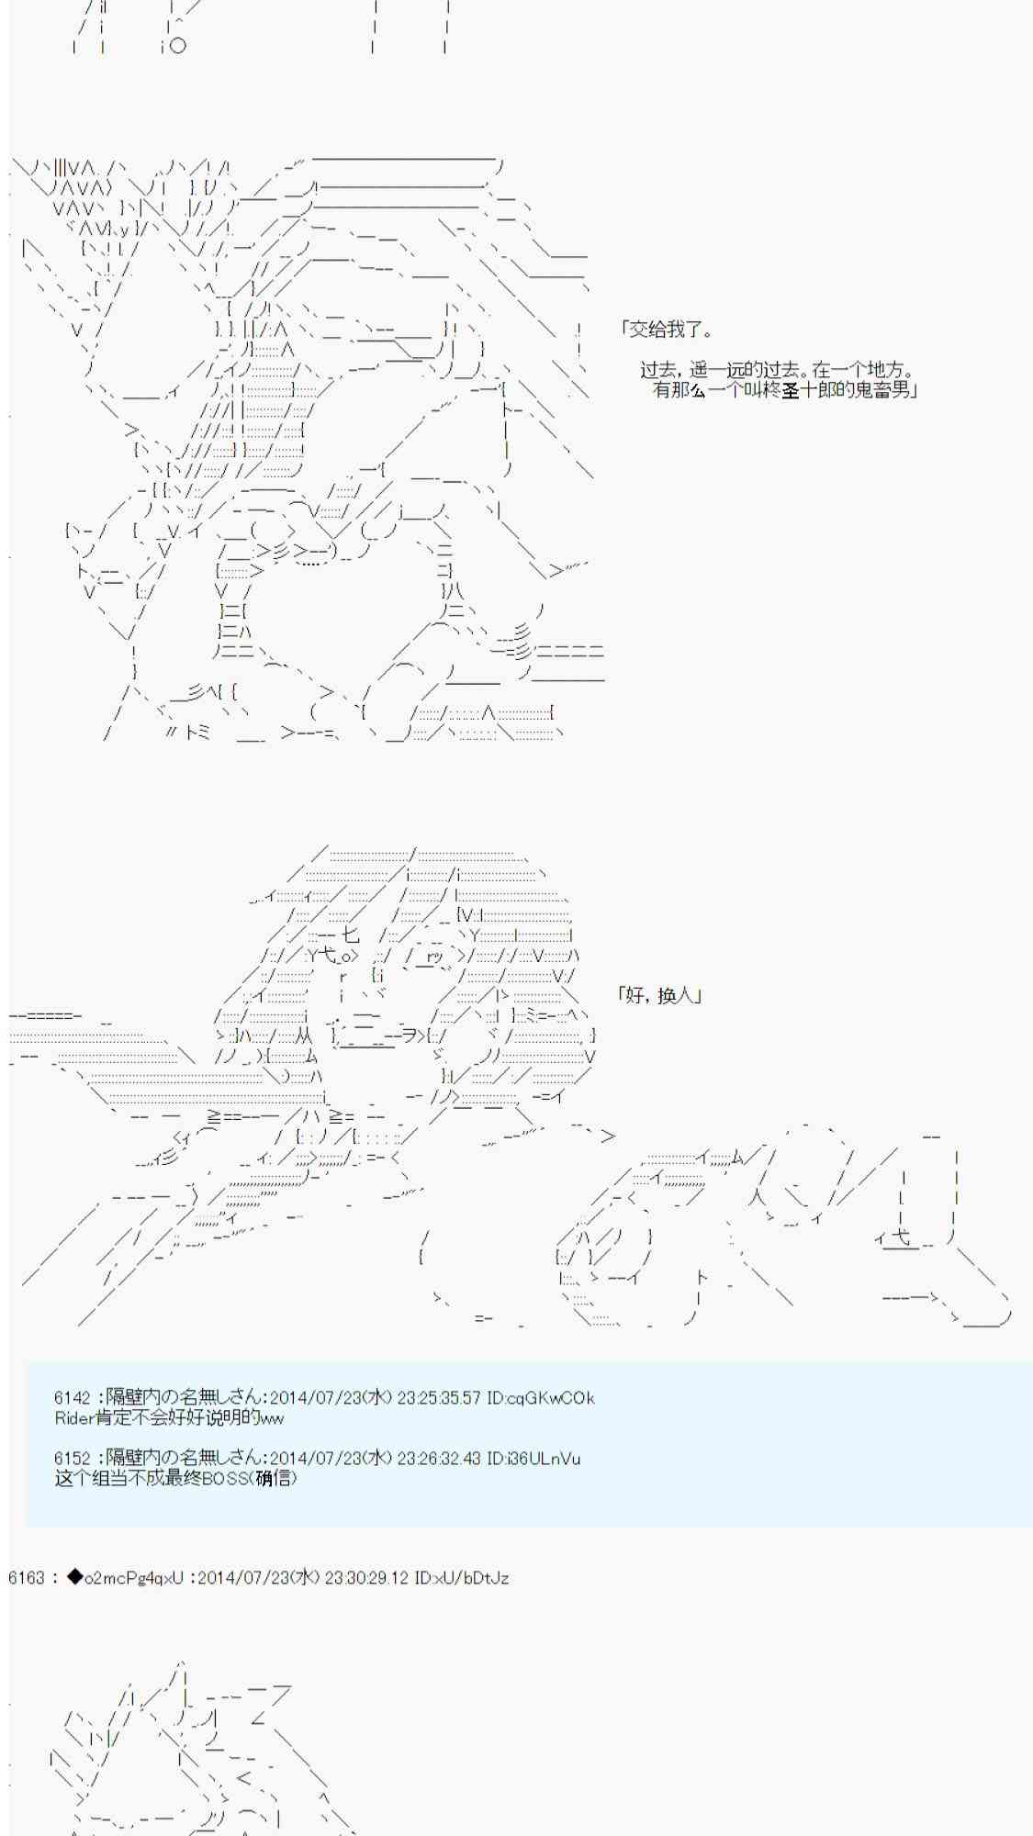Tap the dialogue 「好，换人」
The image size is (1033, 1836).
click(x=660, y=995)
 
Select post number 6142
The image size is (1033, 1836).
click(x=73, y=1398)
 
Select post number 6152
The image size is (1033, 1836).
click(x=73, y=1459)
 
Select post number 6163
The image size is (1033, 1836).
click(x=26, y=1578)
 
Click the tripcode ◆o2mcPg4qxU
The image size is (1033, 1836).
click(x=126, y=1578)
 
